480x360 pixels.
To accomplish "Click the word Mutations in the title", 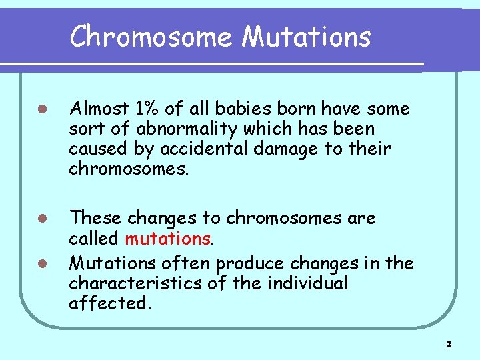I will pos(306,36).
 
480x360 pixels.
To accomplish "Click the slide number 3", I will pos(449,345).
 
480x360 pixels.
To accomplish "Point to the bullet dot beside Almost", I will pos(41,109).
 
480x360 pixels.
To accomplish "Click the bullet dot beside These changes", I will pos(41,219).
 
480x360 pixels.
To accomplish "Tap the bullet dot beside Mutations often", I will pos(41,263).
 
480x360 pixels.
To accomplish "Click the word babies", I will pos(231,108).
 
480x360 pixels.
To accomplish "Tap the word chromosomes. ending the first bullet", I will pos(129,168).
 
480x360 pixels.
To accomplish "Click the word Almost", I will pos(99,108).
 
